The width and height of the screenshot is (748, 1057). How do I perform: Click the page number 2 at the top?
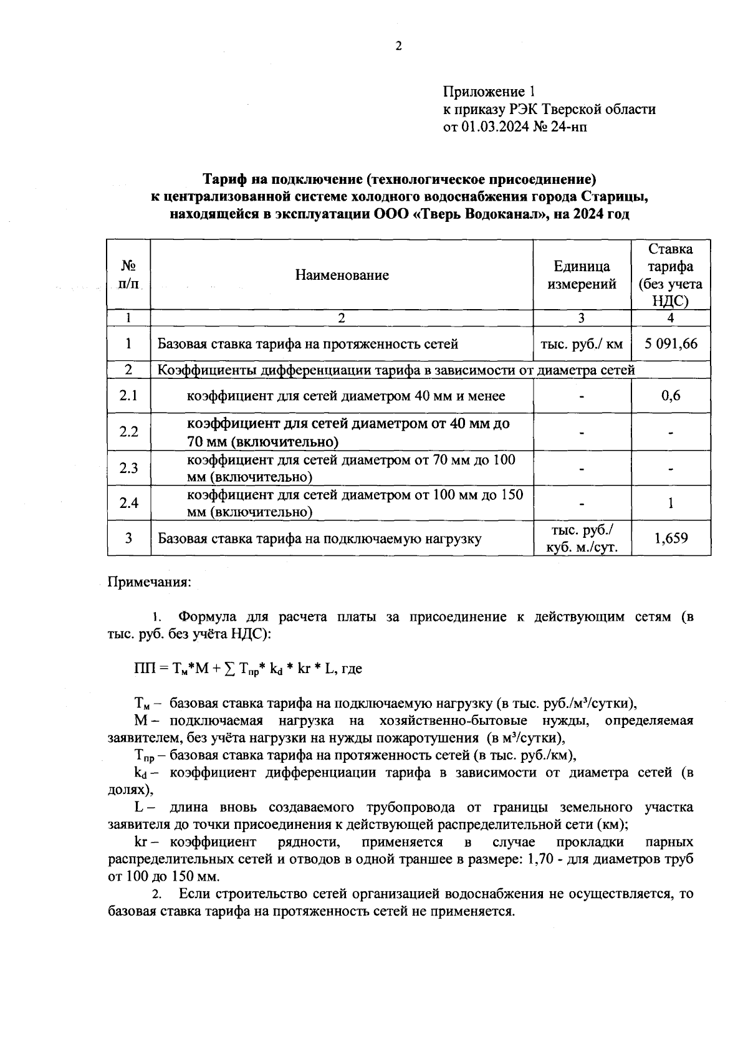click(398, 46)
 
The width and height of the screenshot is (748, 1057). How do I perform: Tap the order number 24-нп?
click(568, 127)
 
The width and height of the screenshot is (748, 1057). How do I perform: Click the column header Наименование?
click(342, 275)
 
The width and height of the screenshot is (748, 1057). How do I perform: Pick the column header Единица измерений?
click(582, 275)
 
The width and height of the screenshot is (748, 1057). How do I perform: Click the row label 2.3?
click(128, 468)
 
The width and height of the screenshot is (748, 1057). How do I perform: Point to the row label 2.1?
click(128, 396)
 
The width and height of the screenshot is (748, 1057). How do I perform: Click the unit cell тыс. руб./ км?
click(582, 343)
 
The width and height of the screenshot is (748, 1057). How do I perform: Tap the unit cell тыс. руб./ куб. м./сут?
click(582, 538)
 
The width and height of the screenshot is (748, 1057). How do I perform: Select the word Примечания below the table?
click(150, 582)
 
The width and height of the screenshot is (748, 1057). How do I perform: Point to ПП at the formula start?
click(143, 669)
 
